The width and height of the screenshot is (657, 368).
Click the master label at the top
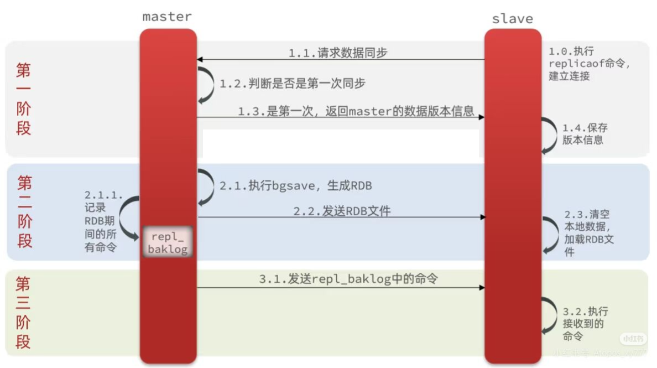167,17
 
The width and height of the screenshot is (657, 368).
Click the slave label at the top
512,19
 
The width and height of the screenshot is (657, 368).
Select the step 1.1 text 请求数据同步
338,53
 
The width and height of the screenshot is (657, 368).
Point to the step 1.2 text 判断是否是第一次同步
293,84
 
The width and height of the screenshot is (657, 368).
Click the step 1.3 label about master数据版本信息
356,111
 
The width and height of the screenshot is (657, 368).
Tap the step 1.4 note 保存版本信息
585,133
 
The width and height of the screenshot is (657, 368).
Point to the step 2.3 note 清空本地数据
589,233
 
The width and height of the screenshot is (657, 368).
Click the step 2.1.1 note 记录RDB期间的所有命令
103,221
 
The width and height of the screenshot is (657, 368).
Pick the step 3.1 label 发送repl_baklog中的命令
348,279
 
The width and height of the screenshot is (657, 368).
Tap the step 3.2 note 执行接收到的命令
585,324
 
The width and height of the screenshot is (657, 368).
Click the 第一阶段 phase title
24,99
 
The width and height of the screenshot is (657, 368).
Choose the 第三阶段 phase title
23,313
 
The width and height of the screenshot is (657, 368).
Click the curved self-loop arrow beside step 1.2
206,84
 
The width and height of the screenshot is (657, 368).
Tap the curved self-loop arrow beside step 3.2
550,315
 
